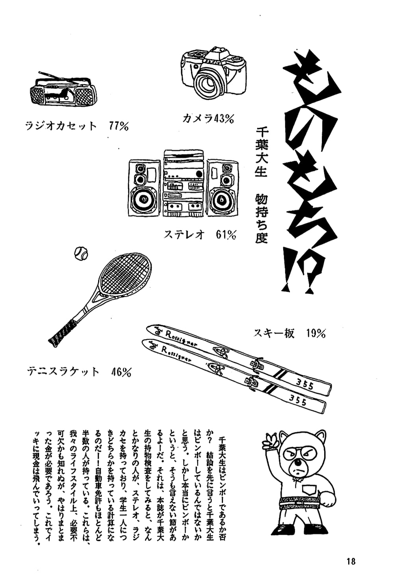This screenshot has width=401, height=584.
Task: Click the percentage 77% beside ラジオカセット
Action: point(119,126)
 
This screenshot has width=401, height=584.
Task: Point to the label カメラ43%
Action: point(208,118)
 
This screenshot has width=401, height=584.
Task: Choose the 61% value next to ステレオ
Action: point(226,235)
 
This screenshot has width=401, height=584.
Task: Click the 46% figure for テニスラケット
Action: point(121,372)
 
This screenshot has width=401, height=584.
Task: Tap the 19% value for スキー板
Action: point(316,334)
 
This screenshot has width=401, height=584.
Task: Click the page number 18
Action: point(351,561)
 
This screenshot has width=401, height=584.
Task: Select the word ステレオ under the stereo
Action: point(184,235)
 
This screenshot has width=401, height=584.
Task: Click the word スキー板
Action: point(274,334)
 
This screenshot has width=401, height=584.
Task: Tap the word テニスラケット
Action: point(63,372)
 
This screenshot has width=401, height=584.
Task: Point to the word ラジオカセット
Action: point(61,126)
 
